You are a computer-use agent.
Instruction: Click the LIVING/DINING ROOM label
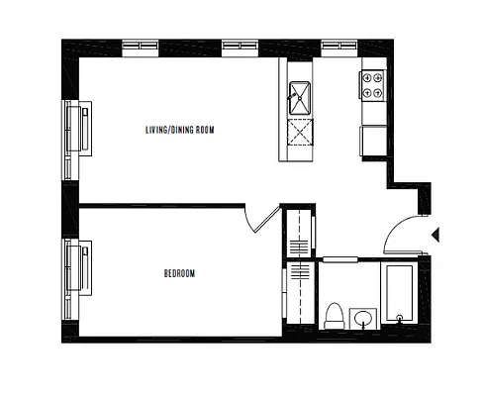click(x=179, y=130)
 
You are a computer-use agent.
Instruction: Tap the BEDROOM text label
click(x=179, y=273)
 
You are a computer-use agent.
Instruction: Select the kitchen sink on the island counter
click(x=300, y=98)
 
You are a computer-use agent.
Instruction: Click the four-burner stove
click(x=373, y=86)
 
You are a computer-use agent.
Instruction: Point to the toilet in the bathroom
click(x=334, y=315)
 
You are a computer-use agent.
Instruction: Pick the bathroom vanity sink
click(x=363, y=318)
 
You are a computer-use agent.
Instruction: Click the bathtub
click(x=401, y=293)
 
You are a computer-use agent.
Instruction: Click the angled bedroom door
click(x=263, y=218)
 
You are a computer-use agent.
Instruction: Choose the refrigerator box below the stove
click(x=374, y=140)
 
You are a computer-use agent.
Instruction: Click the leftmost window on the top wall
click(x=139, y=46)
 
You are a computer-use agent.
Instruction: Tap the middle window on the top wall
click(x=239, y=46)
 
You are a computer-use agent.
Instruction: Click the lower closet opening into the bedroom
click(x=298, y=293)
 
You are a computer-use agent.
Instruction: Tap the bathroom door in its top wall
click(x=339, y=259)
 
